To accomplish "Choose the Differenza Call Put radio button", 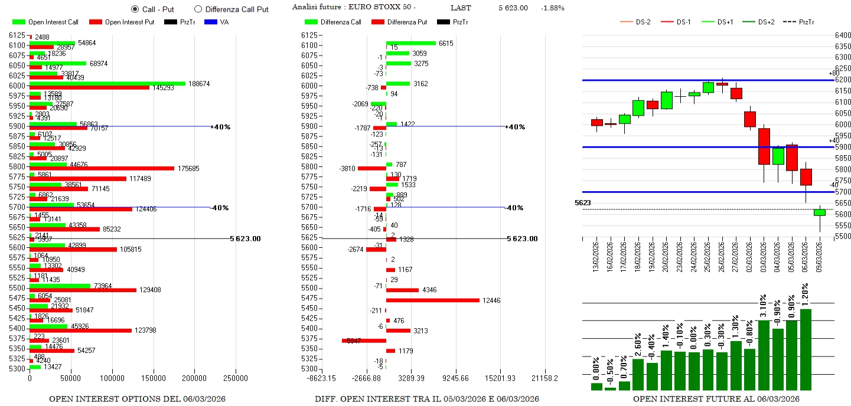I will pos(198,9).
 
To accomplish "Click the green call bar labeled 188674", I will pos(107,84).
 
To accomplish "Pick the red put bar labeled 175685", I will pos(102,168).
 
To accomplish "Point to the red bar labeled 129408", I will pos(83,290).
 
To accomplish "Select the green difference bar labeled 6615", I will pos(410,43).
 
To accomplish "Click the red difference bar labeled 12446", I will pos(432,300).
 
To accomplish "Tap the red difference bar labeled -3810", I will pos(371,168).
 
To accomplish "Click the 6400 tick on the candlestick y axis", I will pos(843,35).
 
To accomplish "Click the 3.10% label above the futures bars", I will pos(764,306).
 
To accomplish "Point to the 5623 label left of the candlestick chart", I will pos(582,203).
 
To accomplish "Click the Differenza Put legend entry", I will pos(407,22).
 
